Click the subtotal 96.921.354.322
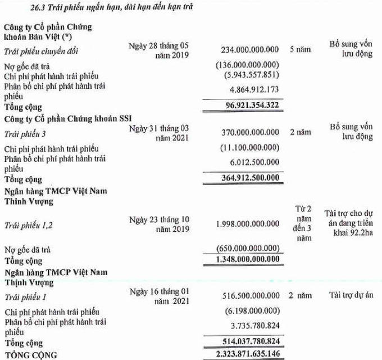(x=244, y=105)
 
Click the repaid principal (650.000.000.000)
(x=248, y=248)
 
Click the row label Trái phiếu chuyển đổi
(x=42, y=52)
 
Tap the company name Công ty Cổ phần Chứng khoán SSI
(x=67, y=120)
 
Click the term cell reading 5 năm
(x=300, y=50)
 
